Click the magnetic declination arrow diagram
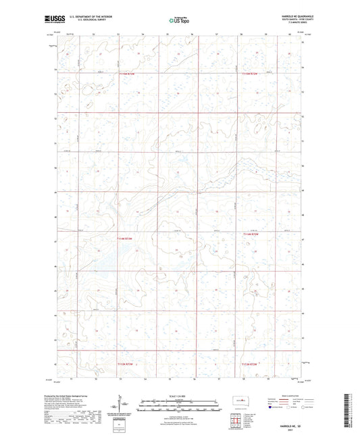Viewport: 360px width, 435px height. (x=126, y=407)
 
